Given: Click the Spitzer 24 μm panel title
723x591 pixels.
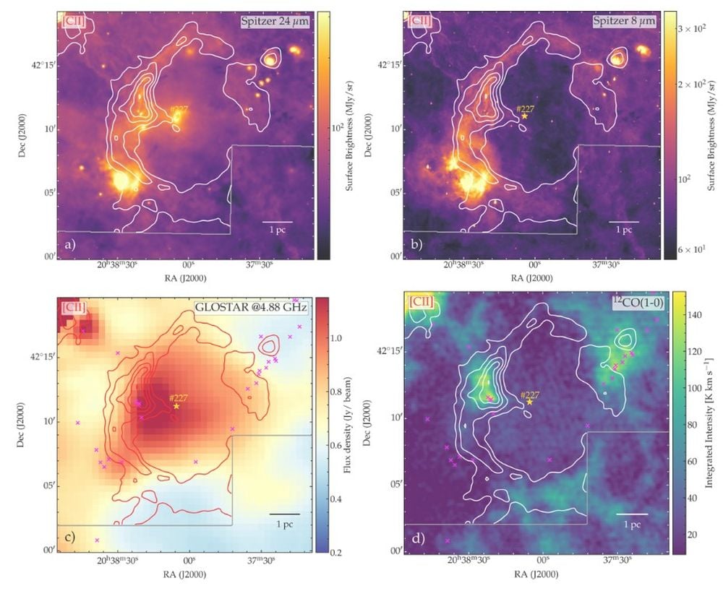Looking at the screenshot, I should [278, 22].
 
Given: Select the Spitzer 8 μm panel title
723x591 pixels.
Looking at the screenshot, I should [625, 22].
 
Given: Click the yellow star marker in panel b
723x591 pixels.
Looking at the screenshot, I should [525, 116].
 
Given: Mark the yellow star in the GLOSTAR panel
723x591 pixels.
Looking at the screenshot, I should [176, 406].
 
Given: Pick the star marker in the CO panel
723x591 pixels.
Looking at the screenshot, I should [530, 402].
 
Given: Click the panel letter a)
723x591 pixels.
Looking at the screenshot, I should [69, 246].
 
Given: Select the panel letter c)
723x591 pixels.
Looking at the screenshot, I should [70, 535].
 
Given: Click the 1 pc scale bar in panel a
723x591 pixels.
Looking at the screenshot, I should [278, 220].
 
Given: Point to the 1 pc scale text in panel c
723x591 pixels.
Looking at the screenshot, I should [284, 524].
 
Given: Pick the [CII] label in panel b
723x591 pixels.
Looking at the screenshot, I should [419, 20].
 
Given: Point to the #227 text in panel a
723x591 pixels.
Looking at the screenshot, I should [179, 109].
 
